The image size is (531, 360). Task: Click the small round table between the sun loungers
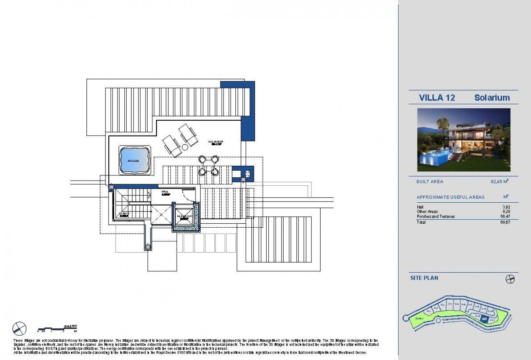pos(185,147)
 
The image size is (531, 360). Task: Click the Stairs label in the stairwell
pos(124,214)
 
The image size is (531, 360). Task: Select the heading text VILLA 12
pos(437,97)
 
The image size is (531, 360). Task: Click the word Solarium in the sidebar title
pos(492,97)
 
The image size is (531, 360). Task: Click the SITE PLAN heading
pos(424,278)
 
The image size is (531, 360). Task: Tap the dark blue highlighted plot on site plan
pos(485,319)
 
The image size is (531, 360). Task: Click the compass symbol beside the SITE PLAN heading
pos(510,279)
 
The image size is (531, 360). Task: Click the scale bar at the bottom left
pos(56,329)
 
